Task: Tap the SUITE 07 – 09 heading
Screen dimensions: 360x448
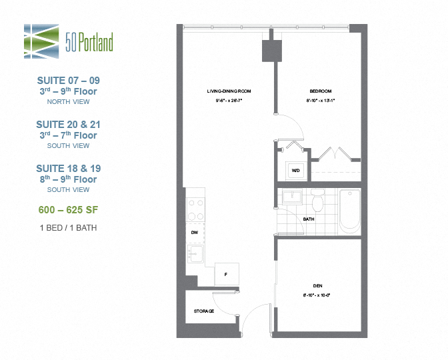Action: [x=68, y=81]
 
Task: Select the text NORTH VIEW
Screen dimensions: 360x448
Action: [x=68, y=102]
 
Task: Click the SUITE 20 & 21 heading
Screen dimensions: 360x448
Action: [x=68, y=125]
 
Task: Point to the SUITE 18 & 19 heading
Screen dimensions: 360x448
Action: [x=68, y=169]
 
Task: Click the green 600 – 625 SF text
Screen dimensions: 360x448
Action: [x=68, y=209]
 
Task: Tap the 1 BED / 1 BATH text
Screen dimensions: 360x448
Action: [x=68, y=228]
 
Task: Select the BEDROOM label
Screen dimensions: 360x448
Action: [x=321, y=91]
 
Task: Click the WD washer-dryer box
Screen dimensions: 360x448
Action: [x=295, y=170]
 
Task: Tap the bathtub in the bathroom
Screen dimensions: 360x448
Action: [x=350, y=210]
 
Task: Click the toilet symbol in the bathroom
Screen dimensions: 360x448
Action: [x=317, y=200]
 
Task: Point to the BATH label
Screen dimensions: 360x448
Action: [x=309, y=219]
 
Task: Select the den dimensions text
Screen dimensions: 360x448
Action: [x=318, y=295]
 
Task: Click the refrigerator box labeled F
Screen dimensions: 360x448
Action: [x=226, y=274]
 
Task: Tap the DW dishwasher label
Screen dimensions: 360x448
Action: [x=194, y=232]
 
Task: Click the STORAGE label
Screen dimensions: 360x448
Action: [x=204, y=311]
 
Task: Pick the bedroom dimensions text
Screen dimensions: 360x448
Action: [x=321, y=101]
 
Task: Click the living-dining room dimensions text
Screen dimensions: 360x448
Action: [x=228, y=101]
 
